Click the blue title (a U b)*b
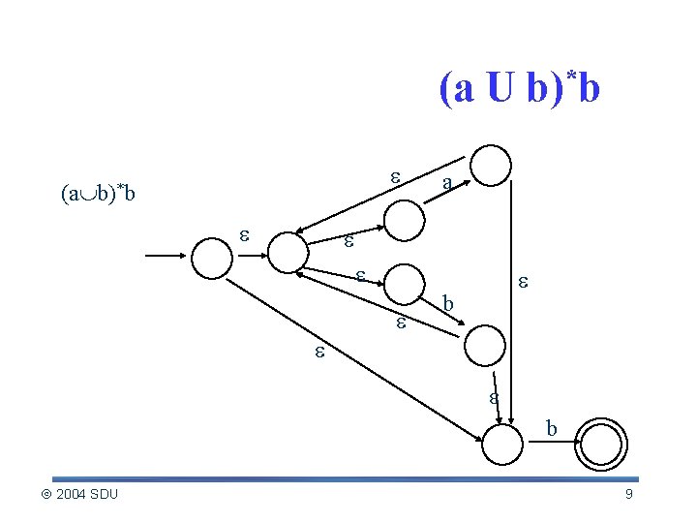tap(520, 89)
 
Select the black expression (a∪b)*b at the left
tap(98, 194)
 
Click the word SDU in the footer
tap(104, 495)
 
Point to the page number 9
tap(628, 495)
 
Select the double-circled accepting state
tap(601, 446)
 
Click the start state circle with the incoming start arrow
tap(212, 257)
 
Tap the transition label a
tap(445, 183)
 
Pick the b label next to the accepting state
tap(551, 427)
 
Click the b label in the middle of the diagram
tap(447, 304)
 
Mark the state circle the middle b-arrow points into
tap(485, 345)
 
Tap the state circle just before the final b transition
tap(501, 446)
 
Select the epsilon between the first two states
tap(246, 235)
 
